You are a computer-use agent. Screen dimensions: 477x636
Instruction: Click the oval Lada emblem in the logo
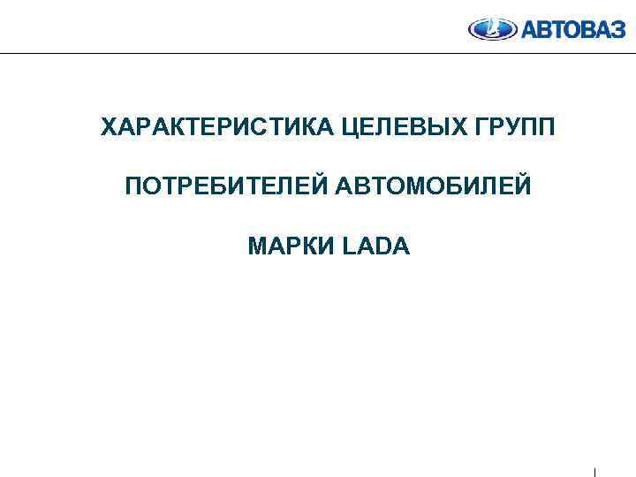click(488, 29)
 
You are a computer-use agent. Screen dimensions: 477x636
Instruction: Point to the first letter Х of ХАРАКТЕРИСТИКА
click(109, 129)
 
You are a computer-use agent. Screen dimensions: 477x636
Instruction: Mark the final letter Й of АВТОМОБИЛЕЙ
click(524, 186)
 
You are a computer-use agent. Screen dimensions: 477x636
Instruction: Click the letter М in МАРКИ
click(258, 246)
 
